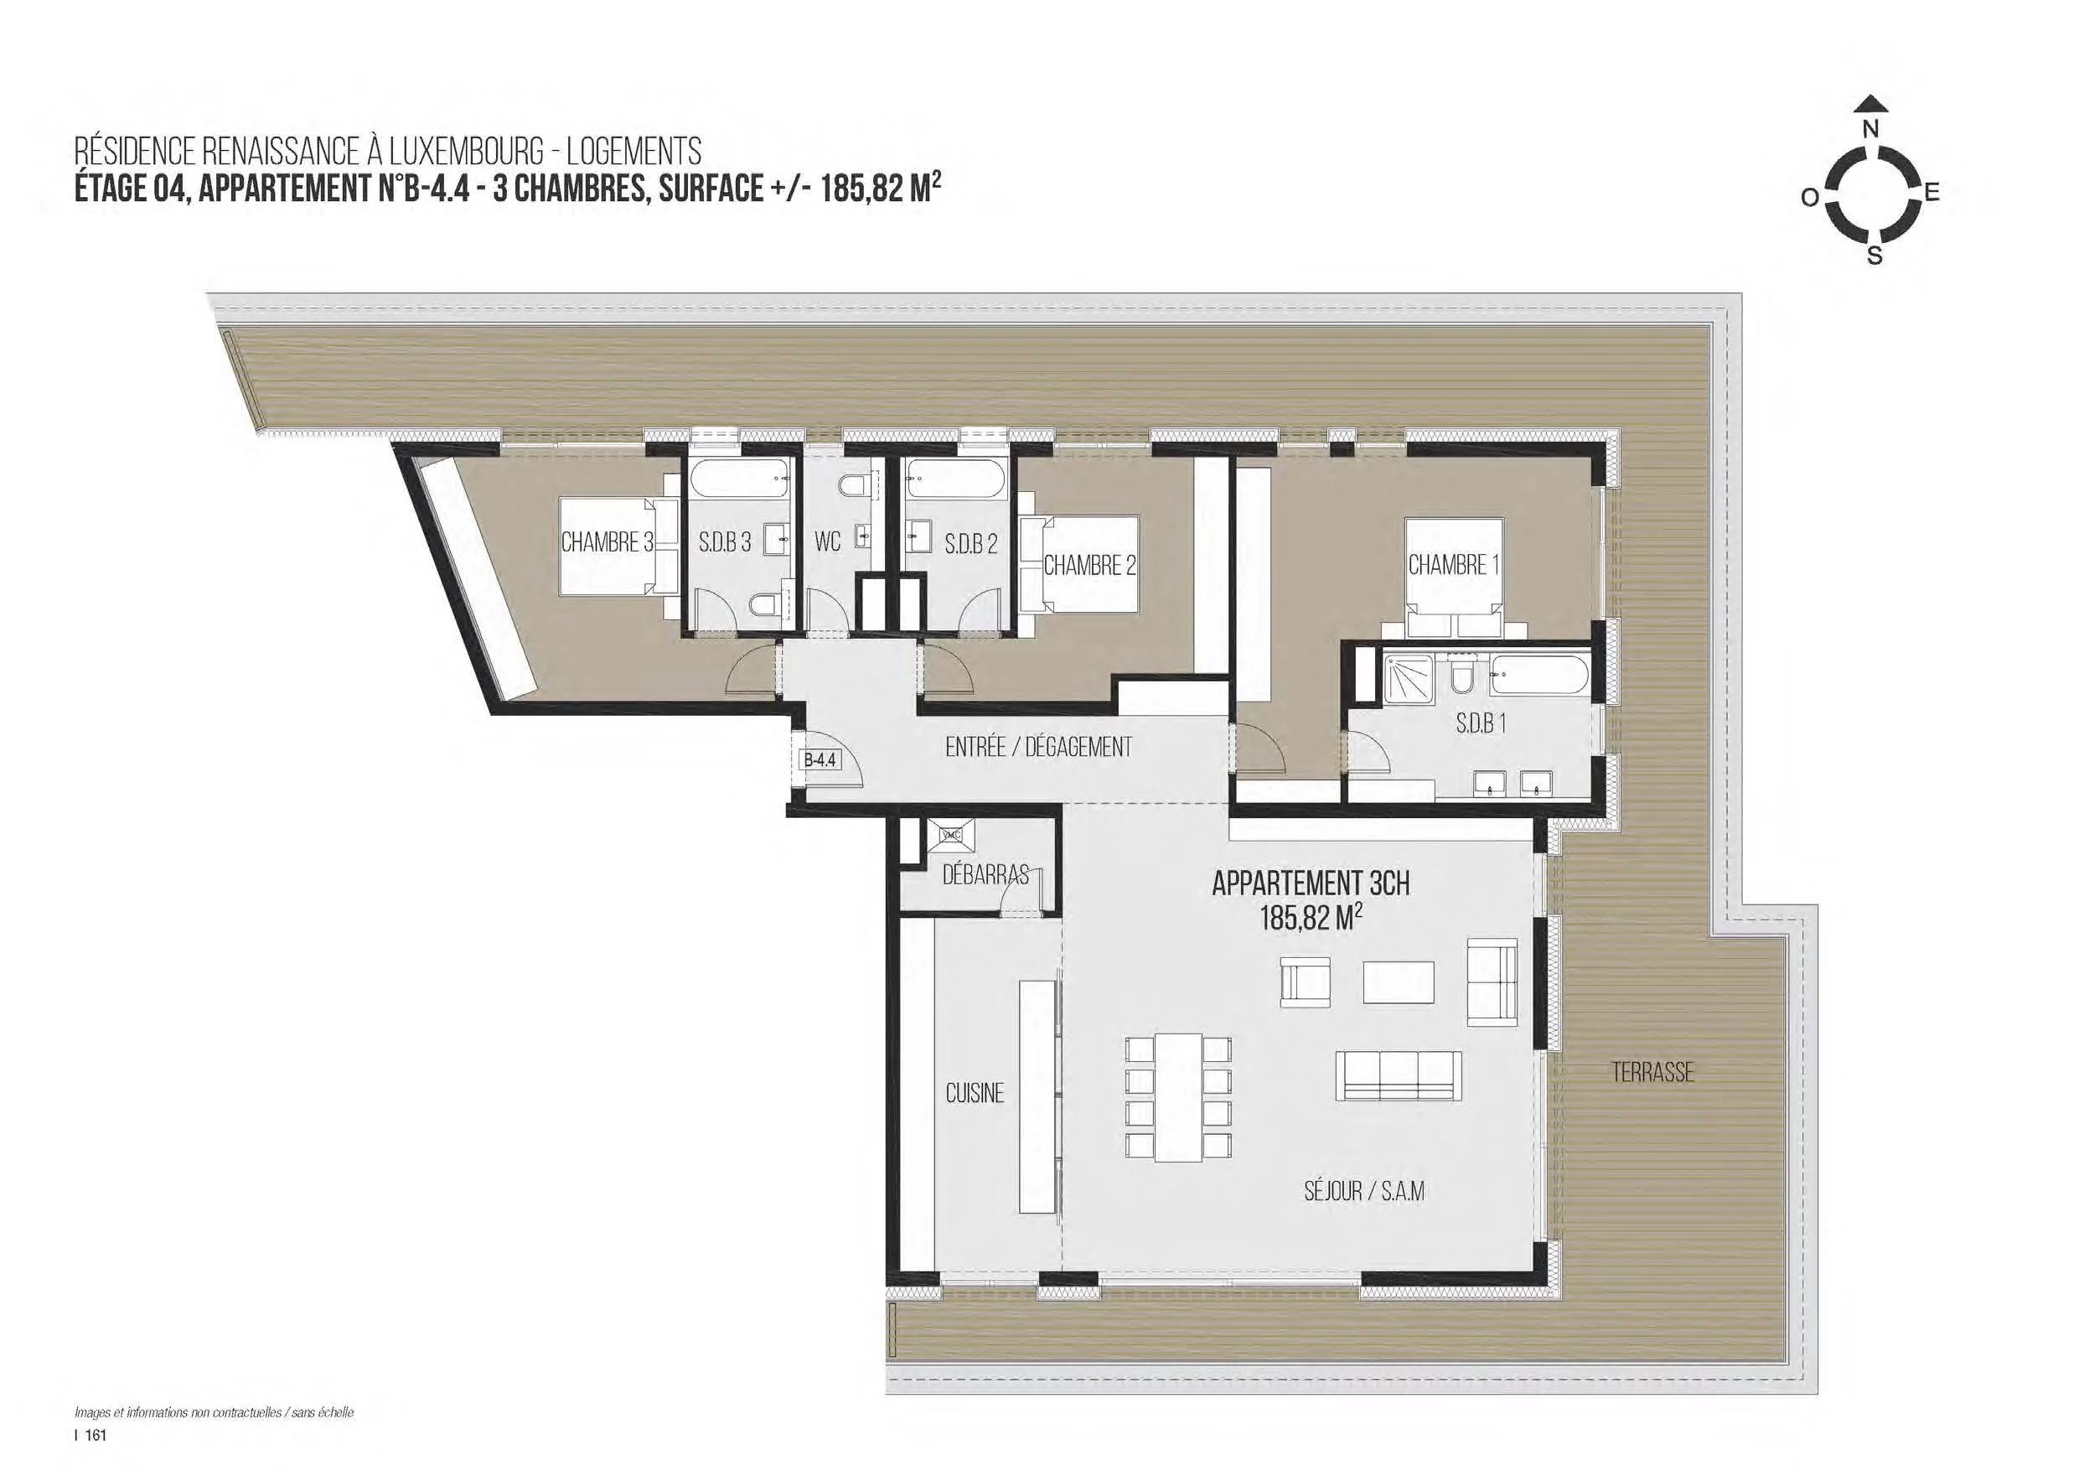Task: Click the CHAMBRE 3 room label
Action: (607, 542)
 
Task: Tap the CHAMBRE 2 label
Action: (1089, 566)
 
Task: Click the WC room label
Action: (828, 542)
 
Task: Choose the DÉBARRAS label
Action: (985, 875)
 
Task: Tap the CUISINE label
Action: (975, 1093)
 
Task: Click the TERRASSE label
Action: (1652, 1074)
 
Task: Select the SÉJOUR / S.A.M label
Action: (1363, 1191)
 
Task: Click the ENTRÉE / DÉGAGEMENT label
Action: (1038, 748)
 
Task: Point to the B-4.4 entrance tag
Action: (820, 761)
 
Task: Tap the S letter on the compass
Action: (1875, 256)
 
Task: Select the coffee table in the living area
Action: (1399, 981)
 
